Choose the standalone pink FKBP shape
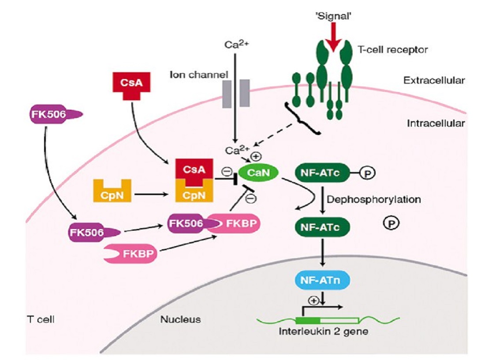(130, 255)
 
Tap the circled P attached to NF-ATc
(367, 173)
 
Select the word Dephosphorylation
(373, 199)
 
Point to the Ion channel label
(198, 74)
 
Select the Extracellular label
(434, 80)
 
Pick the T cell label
(40, 319)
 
